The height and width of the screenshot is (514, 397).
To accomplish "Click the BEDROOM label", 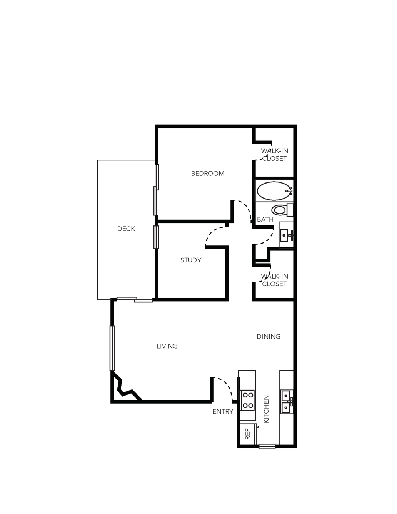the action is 208,174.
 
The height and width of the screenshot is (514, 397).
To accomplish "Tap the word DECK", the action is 126,229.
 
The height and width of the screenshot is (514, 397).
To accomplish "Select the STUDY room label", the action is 191,260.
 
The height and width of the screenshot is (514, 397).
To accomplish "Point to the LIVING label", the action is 167,346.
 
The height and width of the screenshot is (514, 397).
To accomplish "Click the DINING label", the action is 269,336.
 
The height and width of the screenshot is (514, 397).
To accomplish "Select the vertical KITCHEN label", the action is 266,409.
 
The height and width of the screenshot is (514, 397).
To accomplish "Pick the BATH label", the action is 265,220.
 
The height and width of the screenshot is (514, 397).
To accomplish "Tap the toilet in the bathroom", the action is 282,210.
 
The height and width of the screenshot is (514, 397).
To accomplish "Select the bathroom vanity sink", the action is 286,235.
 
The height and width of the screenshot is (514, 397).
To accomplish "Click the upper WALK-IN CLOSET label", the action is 274,155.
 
